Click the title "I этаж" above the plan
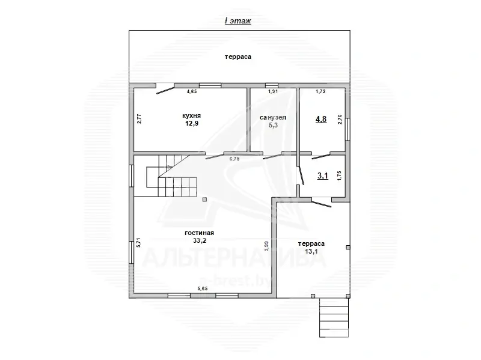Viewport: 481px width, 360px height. [237, 21]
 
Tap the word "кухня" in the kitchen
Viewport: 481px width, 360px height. [192, 115]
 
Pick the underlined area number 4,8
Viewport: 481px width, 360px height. [322, 119]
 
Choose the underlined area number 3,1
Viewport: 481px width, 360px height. [323, 176]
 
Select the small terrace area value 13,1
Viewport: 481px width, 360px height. [311, 251]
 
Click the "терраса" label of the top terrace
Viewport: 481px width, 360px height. [238, 57]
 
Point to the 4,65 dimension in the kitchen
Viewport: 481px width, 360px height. [192, 92]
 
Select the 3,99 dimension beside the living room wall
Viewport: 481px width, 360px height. [266, 247]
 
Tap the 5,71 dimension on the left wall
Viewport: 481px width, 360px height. [138, 243]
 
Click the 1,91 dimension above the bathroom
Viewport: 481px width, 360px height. [272, 92]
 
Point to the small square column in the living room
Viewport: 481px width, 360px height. [205, 199]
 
